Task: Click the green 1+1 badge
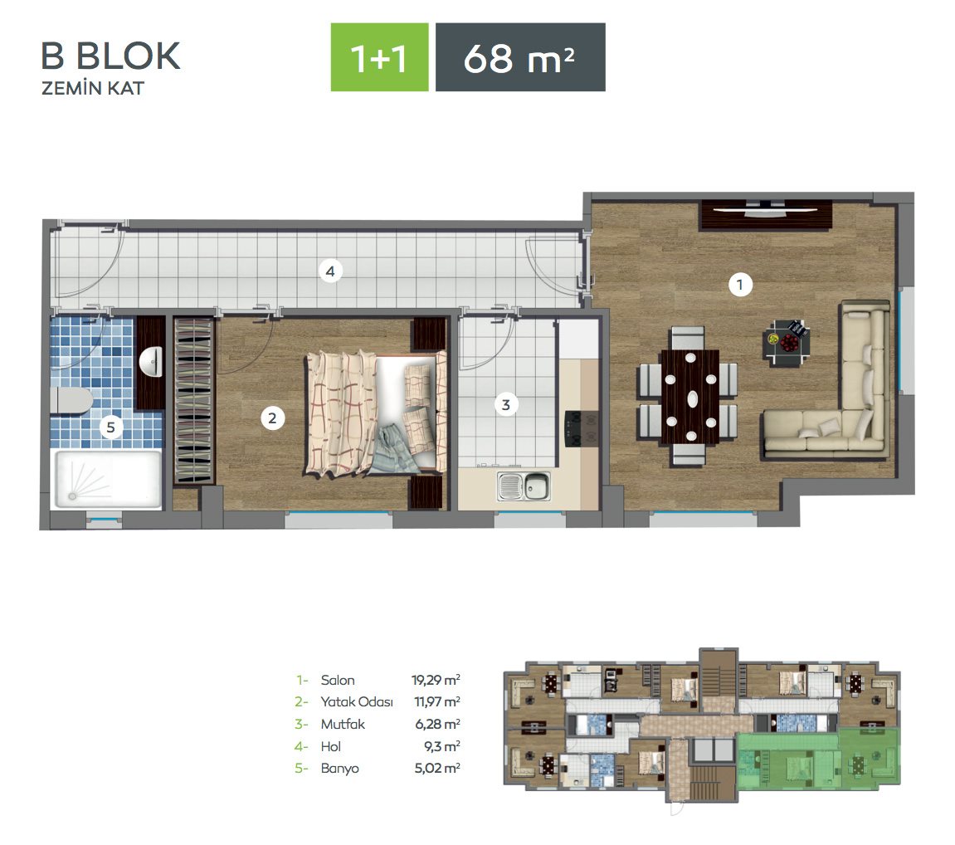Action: [379, 57]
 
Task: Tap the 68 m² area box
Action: [520, 57]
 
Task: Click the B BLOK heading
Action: [110, 56]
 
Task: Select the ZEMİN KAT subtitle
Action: [93, 88]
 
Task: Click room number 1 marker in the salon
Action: [740, 285]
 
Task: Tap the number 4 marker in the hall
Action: [330, 271]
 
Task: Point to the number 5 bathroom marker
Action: [111, 427]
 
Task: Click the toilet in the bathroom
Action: [71, 400]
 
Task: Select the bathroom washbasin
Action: [151, 362]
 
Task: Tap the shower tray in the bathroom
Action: [108, 479]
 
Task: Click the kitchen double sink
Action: [524, 486]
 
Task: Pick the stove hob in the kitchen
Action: [573, 428]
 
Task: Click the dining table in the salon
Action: [690, 397]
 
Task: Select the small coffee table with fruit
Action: [787, 342]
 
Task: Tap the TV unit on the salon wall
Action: [766, 215]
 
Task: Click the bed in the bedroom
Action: [376, 413]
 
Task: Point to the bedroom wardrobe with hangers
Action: [193, 400]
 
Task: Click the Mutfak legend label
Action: [343, 724]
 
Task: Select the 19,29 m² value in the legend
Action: [436, 679]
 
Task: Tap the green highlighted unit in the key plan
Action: [818, 760]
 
